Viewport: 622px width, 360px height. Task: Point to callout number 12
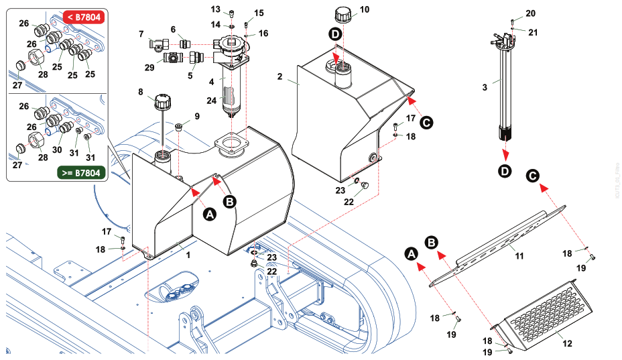point(568,343)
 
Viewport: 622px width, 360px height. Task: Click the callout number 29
point(150,68)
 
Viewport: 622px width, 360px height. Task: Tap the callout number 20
point(530,13)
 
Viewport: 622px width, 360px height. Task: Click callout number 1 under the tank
point(188,255)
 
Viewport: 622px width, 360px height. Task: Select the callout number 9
point(196,117)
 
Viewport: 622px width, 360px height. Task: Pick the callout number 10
point(365,9)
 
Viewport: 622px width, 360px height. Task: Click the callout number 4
point(211,81)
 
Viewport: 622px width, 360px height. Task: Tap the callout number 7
point(141,34)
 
